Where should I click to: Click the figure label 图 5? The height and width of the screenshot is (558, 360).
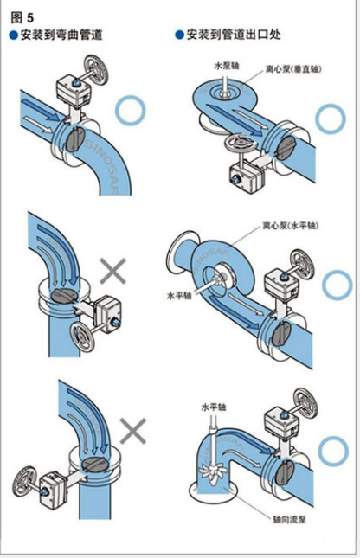(x=22, y=17)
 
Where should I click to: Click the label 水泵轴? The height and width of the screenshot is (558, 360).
(x=227, y=66)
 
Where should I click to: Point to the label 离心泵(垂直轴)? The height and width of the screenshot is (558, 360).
(x=293, y=69)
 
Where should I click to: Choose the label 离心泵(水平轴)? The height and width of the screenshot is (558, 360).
(x=290, y=226)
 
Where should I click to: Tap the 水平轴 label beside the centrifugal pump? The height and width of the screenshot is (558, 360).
(x=179, y=295)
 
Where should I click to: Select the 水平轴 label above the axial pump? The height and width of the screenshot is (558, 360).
(x=214, y=407)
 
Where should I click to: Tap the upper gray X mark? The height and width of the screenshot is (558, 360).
(x=113, y=271)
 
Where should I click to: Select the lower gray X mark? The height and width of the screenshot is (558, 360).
(x=133, y=431)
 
